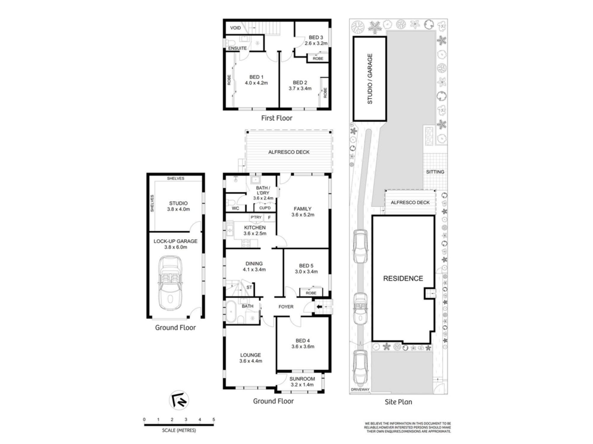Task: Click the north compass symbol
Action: [x=179, y=400]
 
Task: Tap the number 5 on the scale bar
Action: [x=213, y=419]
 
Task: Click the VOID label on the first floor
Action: [x=235, y=28]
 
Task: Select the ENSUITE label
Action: [x=237, y=48]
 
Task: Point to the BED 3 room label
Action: [x=316, y=38]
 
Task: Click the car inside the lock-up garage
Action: [x=170, y=283]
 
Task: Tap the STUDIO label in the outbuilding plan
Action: [x=178, y=203]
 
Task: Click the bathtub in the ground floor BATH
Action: [x=231, y=311]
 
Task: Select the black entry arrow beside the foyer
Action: [x=319, y=307]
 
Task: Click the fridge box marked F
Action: [x=269, y=218]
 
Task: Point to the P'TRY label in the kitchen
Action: [x=256, y=217]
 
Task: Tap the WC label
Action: [x=235, y=208]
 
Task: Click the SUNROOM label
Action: [x=302, y=379]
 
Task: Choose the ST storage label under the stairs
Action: [x=249, y=287]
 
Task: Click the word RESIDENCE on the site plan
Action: [x=403, y=279]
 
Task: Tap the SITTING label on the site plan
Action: [x=435, y=172]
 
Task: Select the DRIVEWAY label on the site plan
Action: [x=360, y=390]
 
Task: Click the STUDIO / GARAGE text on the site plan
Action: [x=370, y=79]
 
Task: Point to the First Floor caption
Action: [x=277, y=118]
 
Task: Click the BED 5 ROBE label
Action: [x=311, y=293]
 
